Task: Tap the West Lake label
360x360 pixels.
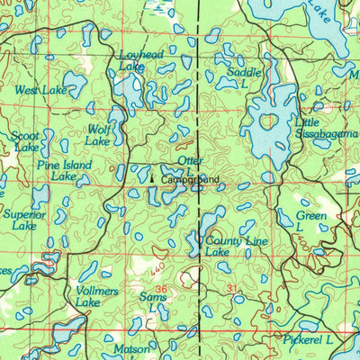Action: point(40,91)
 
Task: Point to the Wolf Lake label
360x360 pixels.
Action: point(97,135)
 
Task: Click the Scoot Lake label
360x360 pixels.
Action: point(25,141)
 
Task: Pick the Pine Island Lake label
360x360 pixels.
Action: point(64,171)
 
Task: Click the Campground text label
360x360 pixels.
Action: point(191,180)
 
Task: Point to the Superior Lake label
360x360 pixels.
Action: point(23,220)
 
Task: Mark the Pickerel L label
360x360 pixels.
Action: point(305,340)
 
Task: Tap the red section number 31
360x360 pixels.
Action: point(234,288)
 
